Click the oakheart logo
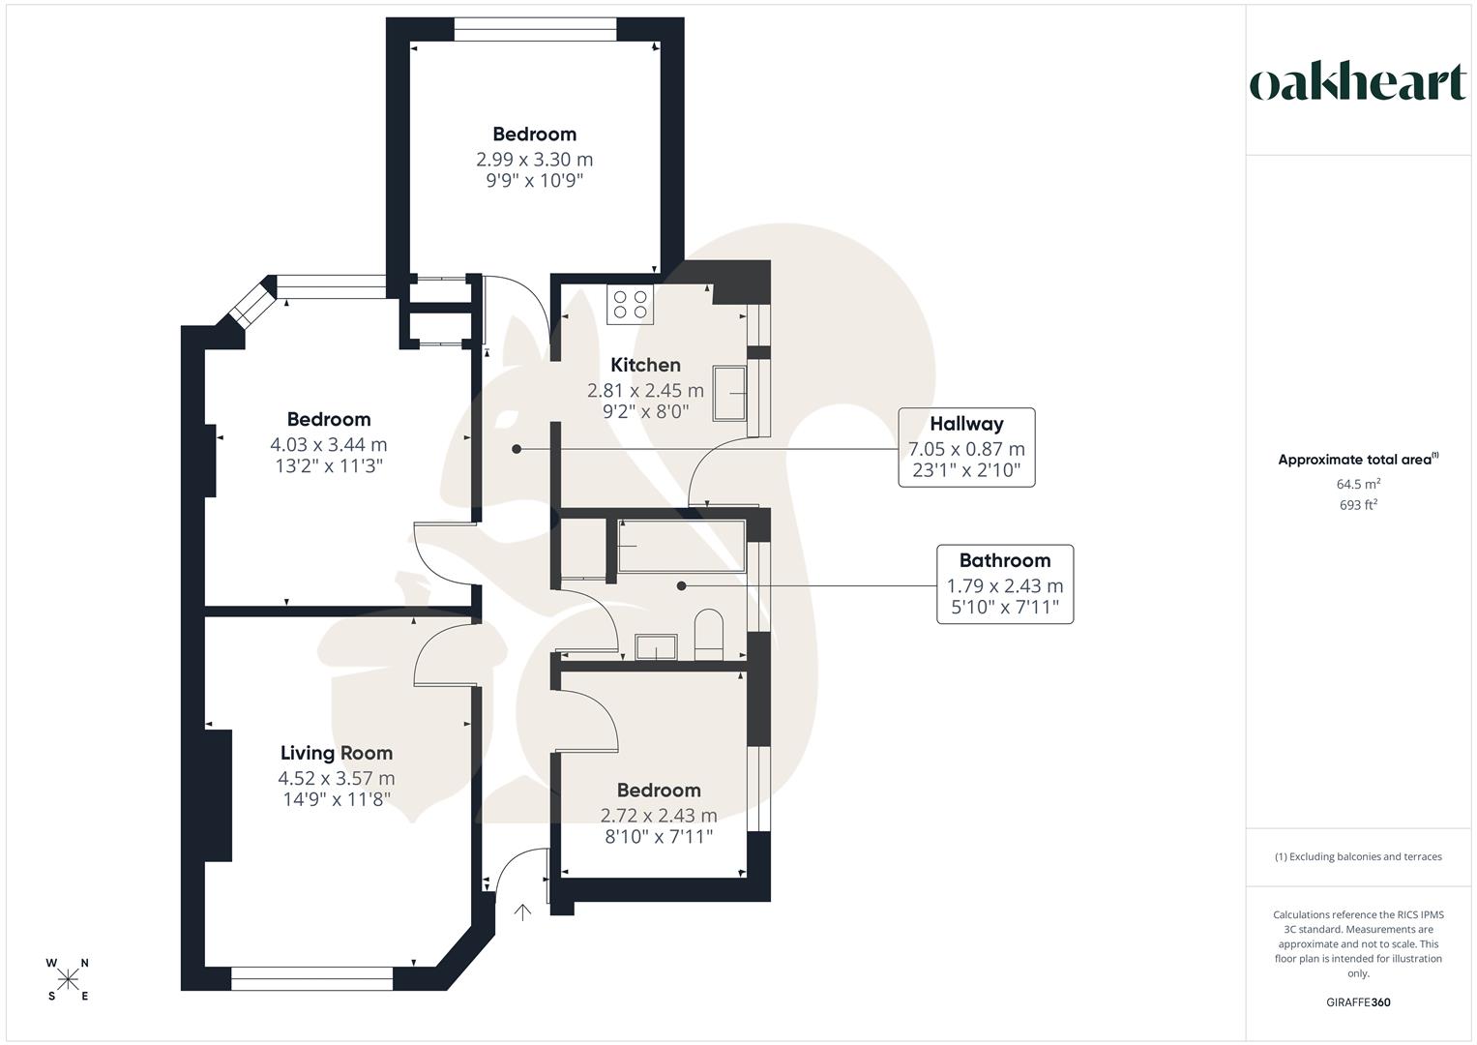pos(1357,83)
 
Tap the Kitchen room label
pos(645,365)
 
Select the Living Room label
pos(337,753)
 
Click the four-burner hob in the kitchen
pos(631,304)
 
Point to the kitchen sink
pos(730,393)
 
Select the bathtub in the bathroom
pos(681,547)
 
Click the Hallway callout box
pos(966,448)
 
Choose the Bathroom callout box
pos(1004,584)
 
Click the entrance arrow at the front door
pos(522,911)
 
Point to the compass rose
pos(68,979)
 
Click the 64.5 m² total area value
pos(1358,484)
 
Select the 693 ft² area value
pos(1358,505)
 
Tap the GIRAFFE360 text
pos(1358,1002)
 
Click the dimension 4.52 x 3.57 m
pos(337,778)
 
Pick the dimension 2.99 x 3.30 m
pos(534,160)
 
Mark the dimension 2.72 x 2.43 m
pos(659,816)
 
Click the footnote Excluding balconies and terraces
pos(1358,856)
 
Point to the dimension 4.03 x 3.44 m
pos(329,445)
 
